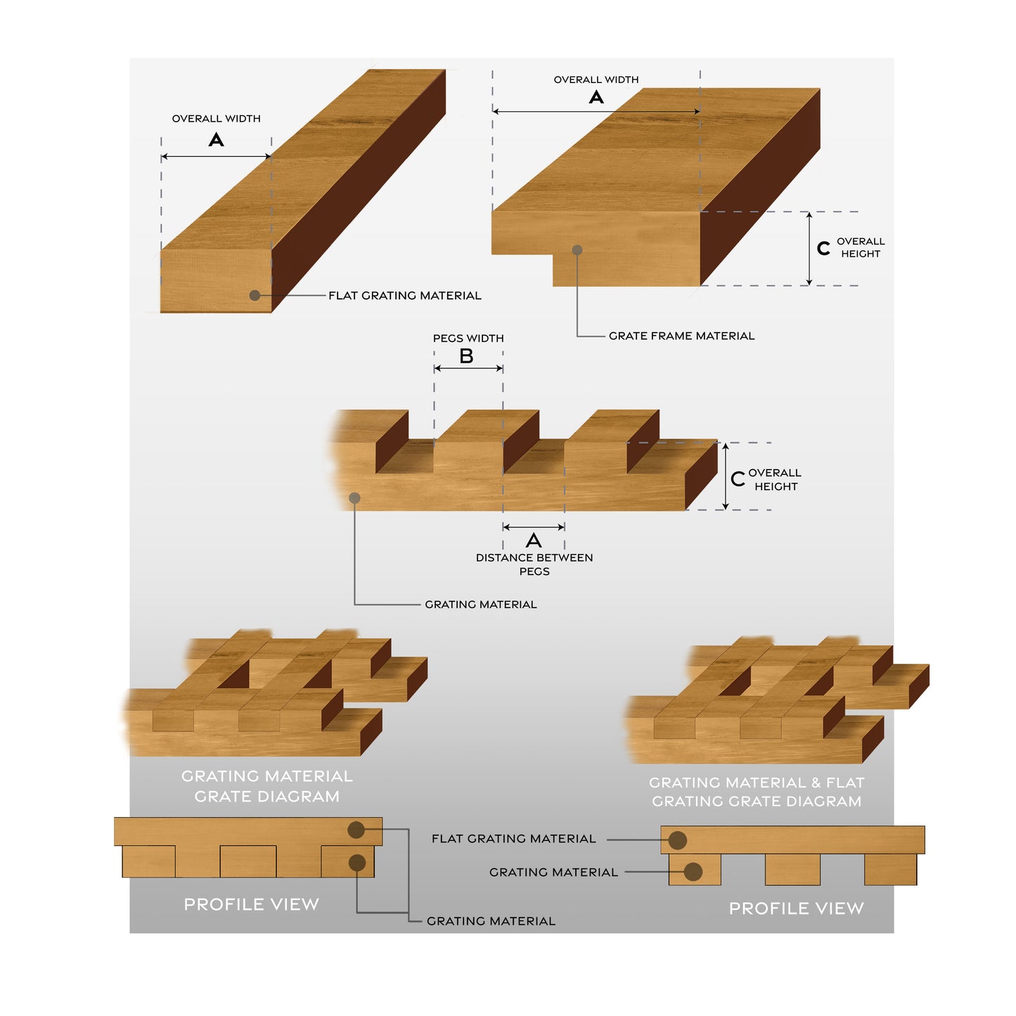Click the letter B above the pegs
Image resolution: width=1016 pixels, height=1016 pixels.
(466, 356)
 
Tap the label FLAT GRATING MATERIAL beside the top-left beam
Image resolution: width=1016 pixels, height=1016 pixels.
(405, 295)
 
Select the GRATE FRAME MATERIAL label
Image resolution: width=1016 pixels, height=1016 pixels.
(681, 336)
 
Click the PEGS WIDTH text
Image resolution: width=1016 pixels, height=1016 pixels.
(468, 338)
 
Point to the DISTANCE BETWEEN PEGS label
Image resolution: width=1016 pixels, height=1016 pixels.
(534, 564)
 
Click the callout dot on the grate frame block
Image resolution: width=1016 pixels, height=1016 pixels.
(577, 250)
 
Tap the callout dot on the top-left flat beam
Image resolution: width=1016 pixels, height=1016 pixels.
(255, 295)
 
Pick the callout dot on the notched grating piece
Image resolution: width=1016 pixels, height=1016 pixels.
(355, 498)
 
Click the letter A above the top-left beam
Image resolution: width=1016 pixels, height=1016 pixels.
(217, 140)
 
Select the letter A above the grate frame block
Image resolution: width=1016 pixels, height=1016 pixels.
(596, 97)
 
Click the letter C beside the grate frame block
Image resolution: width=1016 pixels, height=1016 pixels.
(823, 248)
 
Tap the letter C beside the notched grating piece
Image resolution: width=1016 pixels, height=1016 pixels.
(738, 479)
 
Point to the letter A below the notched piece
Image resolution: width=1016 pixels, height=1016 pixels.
(534, 541)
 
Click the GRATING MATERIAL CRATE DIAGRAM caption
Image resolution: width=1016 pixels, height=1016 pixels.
(267, 786)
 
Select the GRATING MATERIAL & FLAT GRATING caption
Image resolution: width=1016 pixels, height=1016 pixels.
(757, 792)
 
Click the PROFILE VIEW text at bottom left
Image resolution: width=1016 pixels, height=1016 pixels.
(251, 904)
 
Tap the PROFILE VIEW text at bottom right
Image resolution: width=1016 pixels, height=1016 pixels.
(796, 908)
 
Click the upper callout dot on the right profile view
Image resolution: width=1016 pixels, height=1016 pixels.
(678, 840)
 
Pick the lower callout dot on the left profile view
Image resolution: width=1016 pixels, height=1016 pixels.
(357, 863)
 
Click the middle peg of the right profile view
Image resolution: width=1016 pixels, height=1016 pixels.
(792, 870)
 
